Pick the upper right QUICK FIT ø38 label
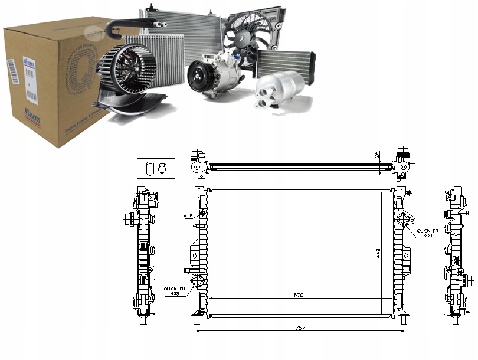coord(427,232)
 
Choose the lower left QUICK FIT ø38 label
coord(174,290)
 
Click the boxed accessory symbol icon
coord(151,168)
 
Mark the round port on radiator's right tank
coord(404,221)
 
